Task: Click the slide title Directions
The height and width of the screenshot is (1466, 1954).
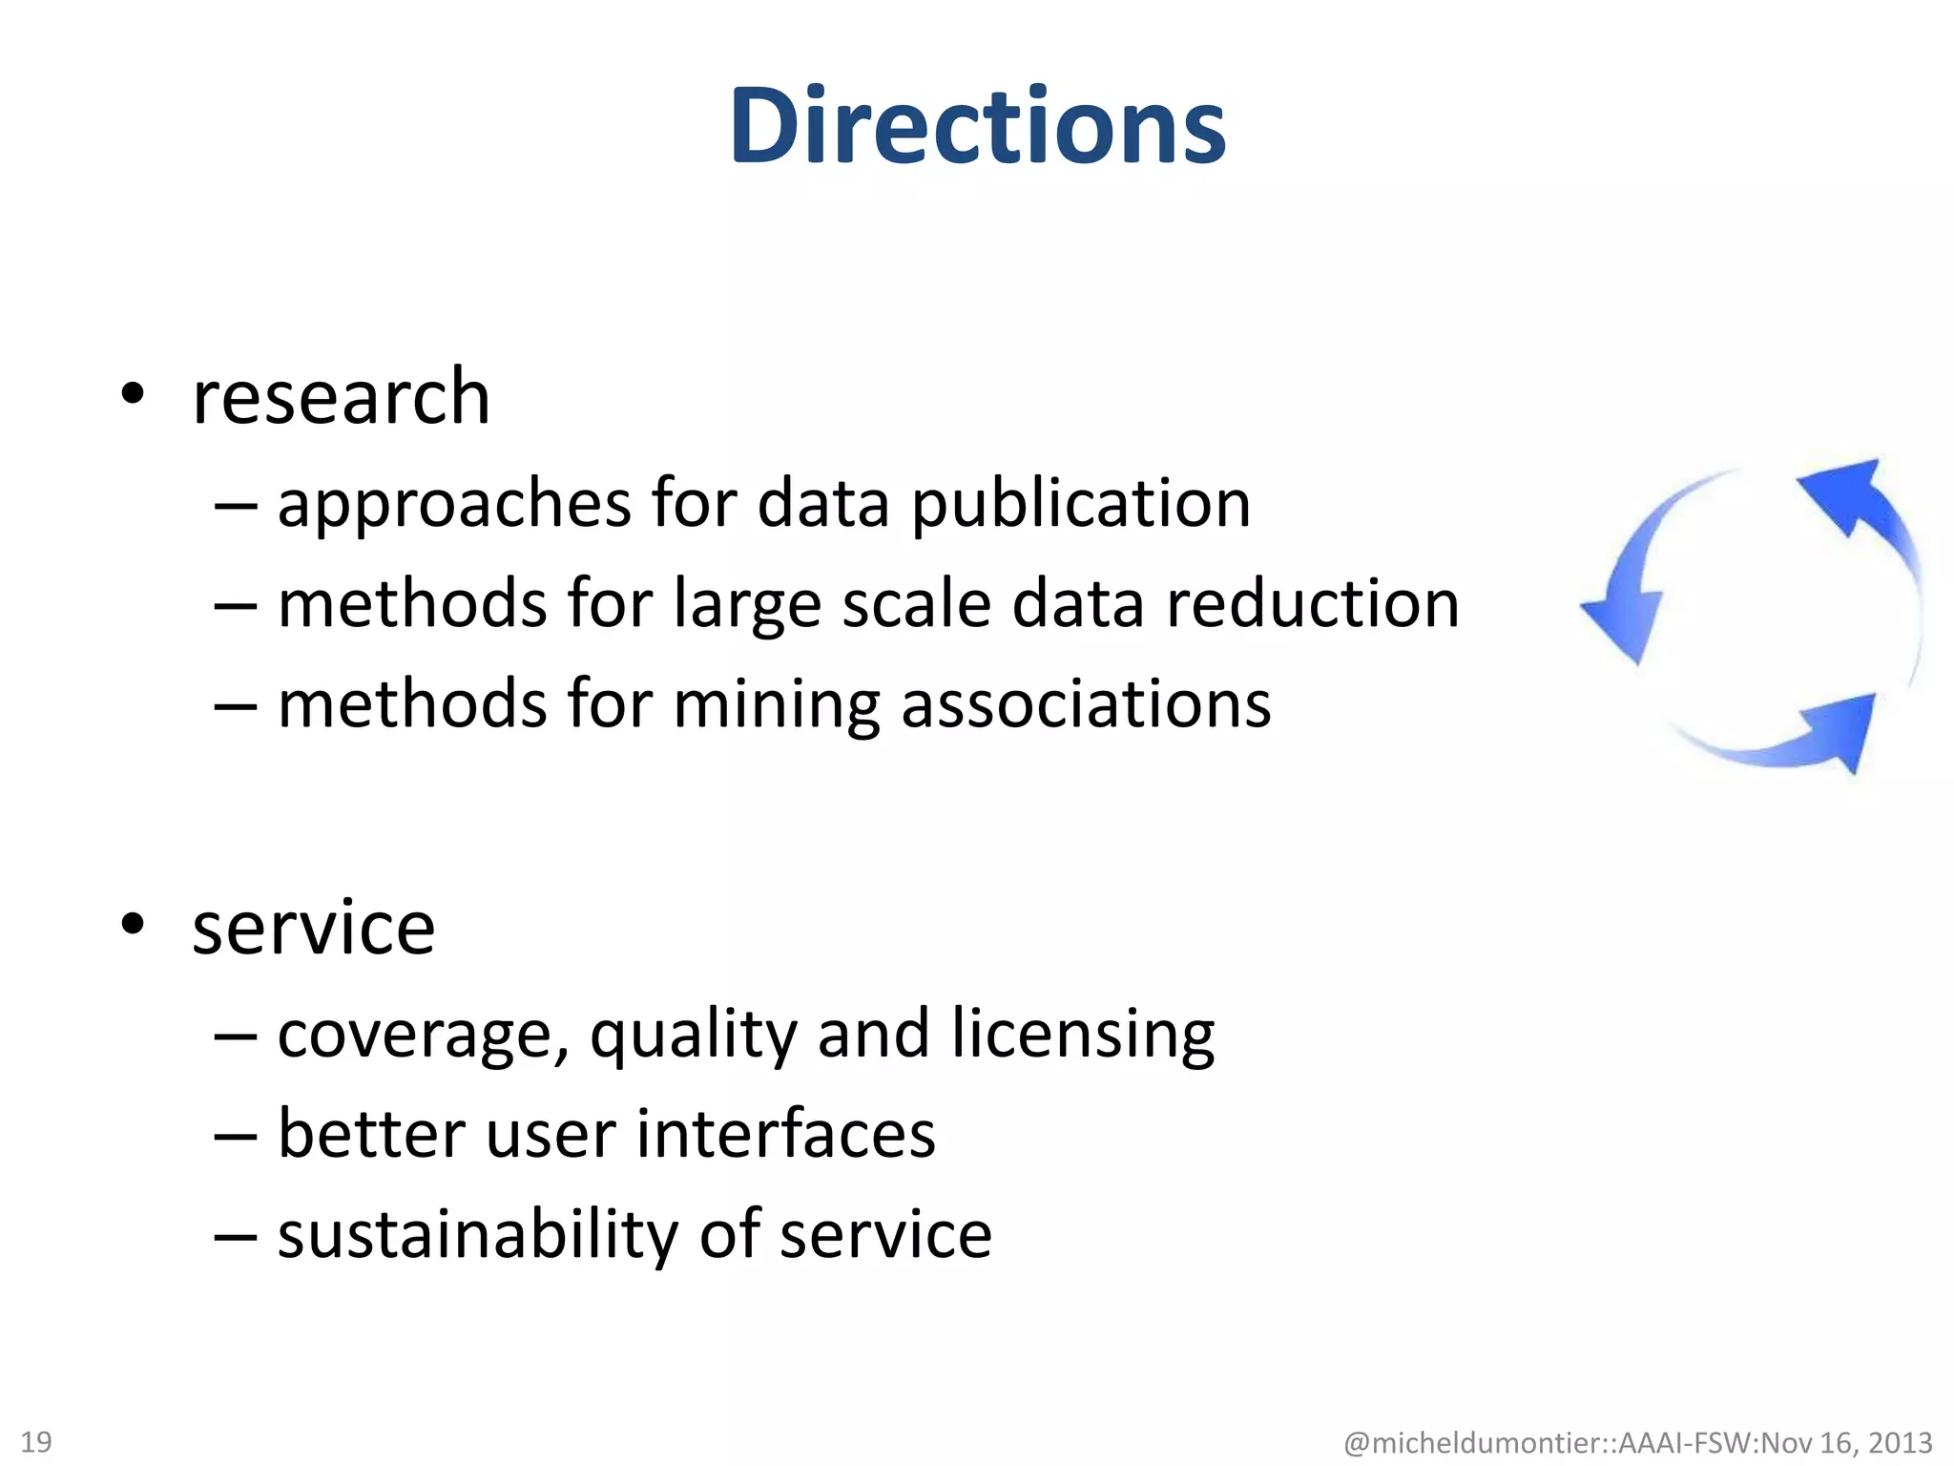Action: [978, 127]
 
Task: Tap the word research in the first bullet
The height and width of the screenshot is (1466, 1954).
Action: [341, 397]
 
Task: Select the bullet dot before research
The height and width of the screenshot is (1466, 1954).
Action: [133, 393]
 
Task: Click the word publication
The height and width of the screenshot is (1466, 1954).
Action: [1081, 504]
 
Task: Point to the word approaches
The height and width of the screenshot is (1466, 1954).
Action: [454, 506]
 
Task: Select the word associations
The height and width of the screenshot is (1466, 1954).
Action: [1086, 704]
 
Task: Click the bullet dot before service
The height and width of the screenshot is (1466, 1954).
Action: [133, 924]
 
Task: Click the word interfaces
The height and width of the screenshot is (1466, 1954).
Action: [785, 1135]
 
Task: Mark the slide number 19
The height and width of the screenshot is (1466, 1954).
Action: [36, 1441]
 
